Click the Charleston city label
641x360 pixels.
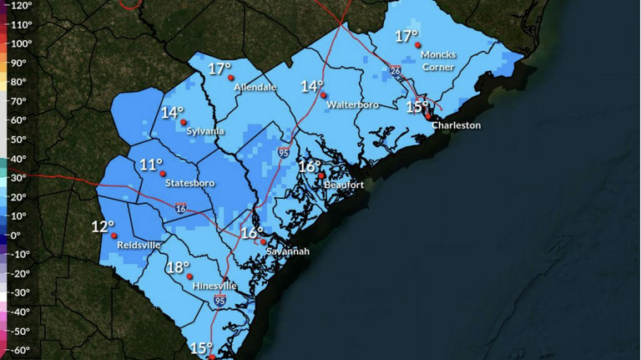(456, 125)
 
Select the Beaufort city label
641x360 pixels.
(341, 185)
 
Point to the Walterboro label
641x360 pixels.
(353, 105)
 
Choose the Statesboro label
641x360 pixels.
(189, 183)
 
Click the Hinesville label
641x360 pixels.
(215, 286)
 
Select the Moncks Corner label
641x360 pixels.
(438, 60)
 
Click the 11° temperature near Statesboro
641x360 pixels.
(151, 165)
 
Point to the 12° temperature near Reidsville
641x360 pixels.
(103, 226)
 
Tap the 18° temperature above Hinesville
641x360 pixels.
(177, 267)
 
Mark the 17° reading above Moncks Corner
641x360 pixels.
(406, 36)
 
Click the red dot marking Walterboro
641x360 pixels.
(324, 95)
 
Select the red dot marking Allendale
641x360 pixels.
(231, 78)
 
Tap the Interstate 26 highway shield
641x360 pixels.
(395, 71)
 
